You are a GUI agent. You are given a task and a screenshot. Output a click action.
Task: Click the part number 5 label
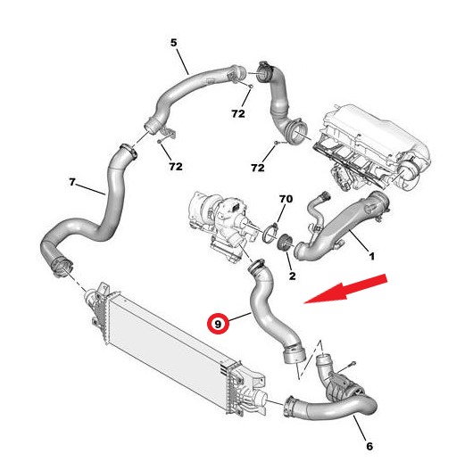pos(173,43)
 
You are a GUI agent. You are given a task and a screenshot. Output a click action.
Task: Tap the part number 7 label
pos(71,182)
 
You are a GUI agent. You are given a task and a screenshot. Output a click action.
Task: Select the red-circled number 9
pos(218,324)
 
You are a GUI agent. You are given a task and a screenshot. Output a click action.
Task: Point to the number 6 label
pos(369,446)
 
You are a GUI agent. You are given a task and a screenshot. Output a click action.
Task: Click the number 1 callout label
pos(372,256)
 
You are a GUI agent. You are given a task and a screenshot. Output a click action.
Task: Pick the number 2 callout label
pos(292,276)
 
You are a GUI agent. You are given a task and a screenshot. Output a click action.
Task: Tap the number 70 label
pos(286,199)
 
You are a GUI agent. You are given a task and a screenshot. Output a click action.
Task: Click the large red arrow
pos(345,289)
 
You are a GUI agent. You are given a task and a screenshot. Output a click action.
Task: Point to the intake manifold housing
pos(371,148)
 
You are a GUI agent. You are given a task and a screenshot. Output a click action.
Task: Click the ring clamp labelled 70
pos(270,233)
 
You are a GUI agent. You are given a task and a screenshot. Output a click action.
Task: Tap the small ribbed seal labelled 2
pos(285,242)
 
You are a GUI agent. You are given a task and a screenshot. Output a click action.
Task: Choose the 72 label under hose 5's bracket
pos(176,167)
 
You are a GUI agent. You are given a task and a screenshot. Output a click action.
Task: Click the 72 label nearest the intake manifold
pos(258,168)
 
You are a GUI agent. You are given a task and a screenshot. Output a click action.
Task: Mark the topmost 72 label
pos(238,113)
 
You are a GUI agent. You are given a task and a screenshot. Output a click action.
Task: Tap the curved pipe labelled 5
pos(193,85)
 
